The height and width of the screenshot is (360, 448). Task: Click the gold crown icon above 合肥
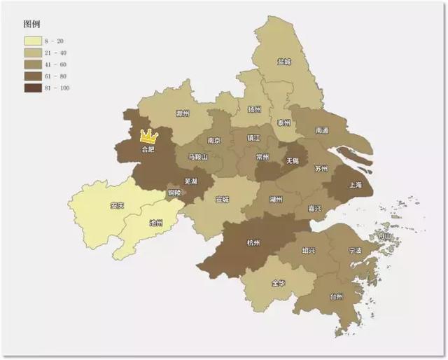(x=148, y=136)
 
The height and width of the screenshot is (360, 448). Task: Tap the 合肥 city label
(x=148, y=149)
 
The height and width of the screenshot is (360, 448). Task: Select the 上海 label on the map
(x=356, y=186)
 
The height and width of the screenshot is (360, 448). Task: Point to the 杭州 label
(x=253, y=243)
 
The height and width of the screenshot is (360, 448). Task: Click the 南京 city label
(x=214, y=141)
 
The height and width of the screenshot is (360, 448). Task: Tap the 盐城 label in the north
(x=283, y=62)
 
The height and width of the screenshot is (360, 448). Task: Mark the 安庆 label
(x=117, y=206)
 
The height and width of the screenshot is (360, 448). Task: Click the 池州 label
(x=156, y=223)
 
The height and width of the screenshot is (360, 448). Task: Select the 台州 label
(x=336, y=297)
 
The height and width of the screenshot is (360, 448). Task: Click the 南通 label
(x=322, y=130)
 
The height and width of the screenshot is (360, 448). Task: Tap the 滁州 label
(x=183, y=113)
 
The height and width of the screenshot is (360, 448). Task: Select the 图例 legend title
(x=32, y=24)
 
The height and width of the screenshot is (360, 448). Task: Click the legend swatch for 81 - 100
(x=34, y=88)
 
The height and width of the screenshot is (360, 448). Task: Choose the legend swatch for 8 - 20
(x=34, y=42)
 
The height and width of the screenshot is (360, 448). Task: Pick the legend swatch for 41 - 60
(x=34, y=65)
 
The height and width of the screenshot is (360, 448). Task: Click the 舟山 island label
(x=384, y=237)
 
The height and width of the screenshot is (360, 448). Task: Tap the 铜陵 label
(x=174, y=193)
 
